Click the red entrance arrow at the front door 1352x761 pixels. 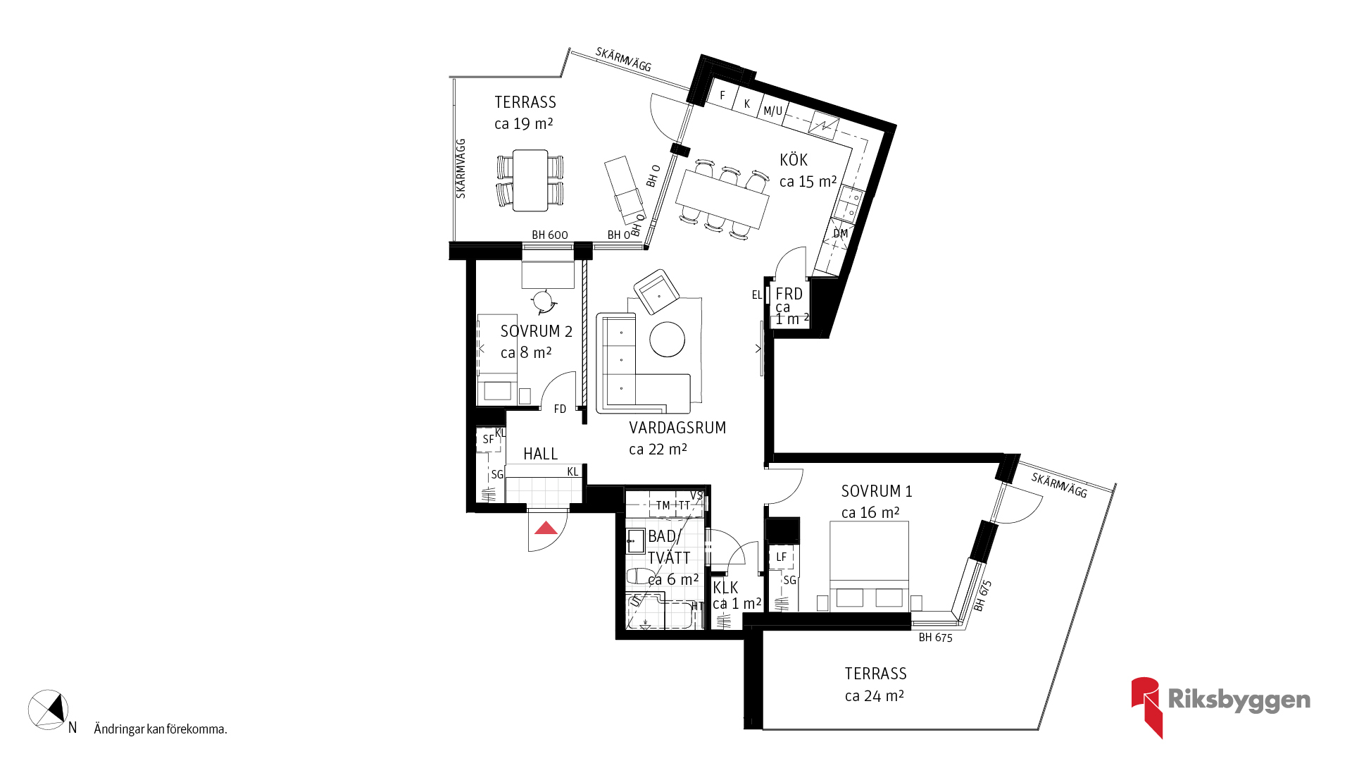tap(546, 528)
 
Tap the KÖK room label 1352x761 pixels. tap(794, 160)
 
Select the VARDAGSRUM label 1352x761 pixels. tap(677, 428)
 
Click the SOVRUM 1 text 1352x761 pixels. tap(877, 491)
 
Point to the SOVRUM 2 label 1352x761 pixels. tap(537, 331)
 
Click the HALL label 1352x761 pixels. tap(541, 454)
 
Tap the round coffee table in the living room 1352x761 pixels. tap(667, 340)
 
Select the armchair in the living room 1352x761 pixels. tap(656, 292)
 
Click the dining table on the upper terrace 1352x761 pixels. tap(530, 180)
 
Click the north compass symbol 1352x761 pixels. tap(48, 710)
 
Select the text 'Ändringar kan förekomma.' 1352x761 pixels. tap(161, 729)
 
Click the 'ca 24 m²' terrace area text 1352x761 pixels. tap(875, 695)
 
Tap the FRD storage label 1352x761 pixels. tap(789, 294)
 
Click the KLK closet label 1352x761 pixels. tap(725, 588)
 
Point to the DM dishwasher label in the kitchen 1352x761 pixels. tap(841, 233)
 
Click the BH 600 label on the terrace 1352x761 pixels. tap(550, 235)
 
